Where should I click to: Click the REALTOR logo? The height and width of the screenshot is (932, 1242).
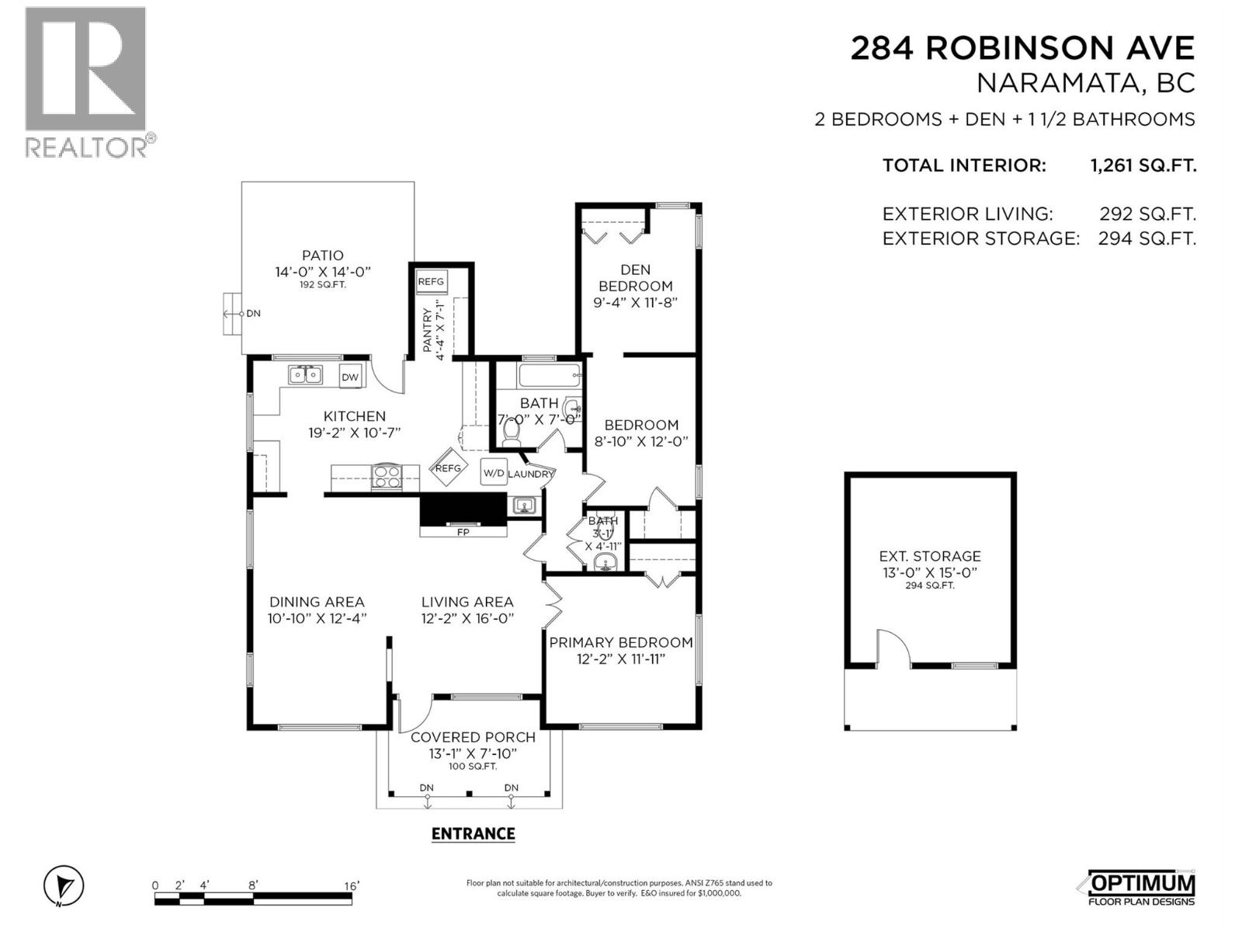point(85,82)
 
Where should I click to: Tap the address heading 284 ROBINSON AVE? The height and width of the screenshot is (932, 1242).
point(1022,48)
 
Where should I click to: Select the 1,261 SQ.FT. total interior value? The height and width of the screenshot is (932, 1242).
point(1143,165)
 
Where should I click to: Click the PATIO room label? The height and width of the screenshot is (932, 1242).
point(323,256)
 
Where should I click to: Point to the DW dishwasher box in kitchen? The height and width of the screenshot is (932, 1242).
point(350,377)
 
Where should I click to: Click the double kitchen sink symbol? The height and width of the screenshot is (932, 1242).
point(305,376)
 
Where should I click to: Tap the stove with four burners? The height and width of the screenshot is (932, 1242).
point(387,477)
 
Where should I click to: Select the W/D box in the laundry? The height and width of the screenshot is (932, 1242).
point(494,472)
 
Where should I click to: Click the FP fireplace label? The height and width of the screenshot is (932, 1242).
point(463,532)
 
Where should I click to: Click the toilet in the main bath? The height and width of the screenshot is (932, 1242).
point(511,431)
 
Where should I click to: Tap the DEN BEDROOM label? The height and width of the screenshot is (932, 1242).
point(635,277)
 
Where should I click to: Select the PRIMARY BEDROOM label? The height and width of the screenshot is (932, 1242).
point(621,642)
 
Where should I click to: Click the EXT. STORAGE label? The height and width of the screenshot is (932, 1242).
point(929,556)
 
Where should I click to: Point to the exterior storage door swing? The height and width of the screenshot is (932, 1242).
point(893,648)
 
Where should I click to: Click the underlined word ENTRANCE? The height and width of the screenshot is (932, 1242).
point(473,833)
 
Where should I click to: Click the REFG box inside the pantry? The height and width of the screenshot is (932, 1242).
point(431,282)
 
